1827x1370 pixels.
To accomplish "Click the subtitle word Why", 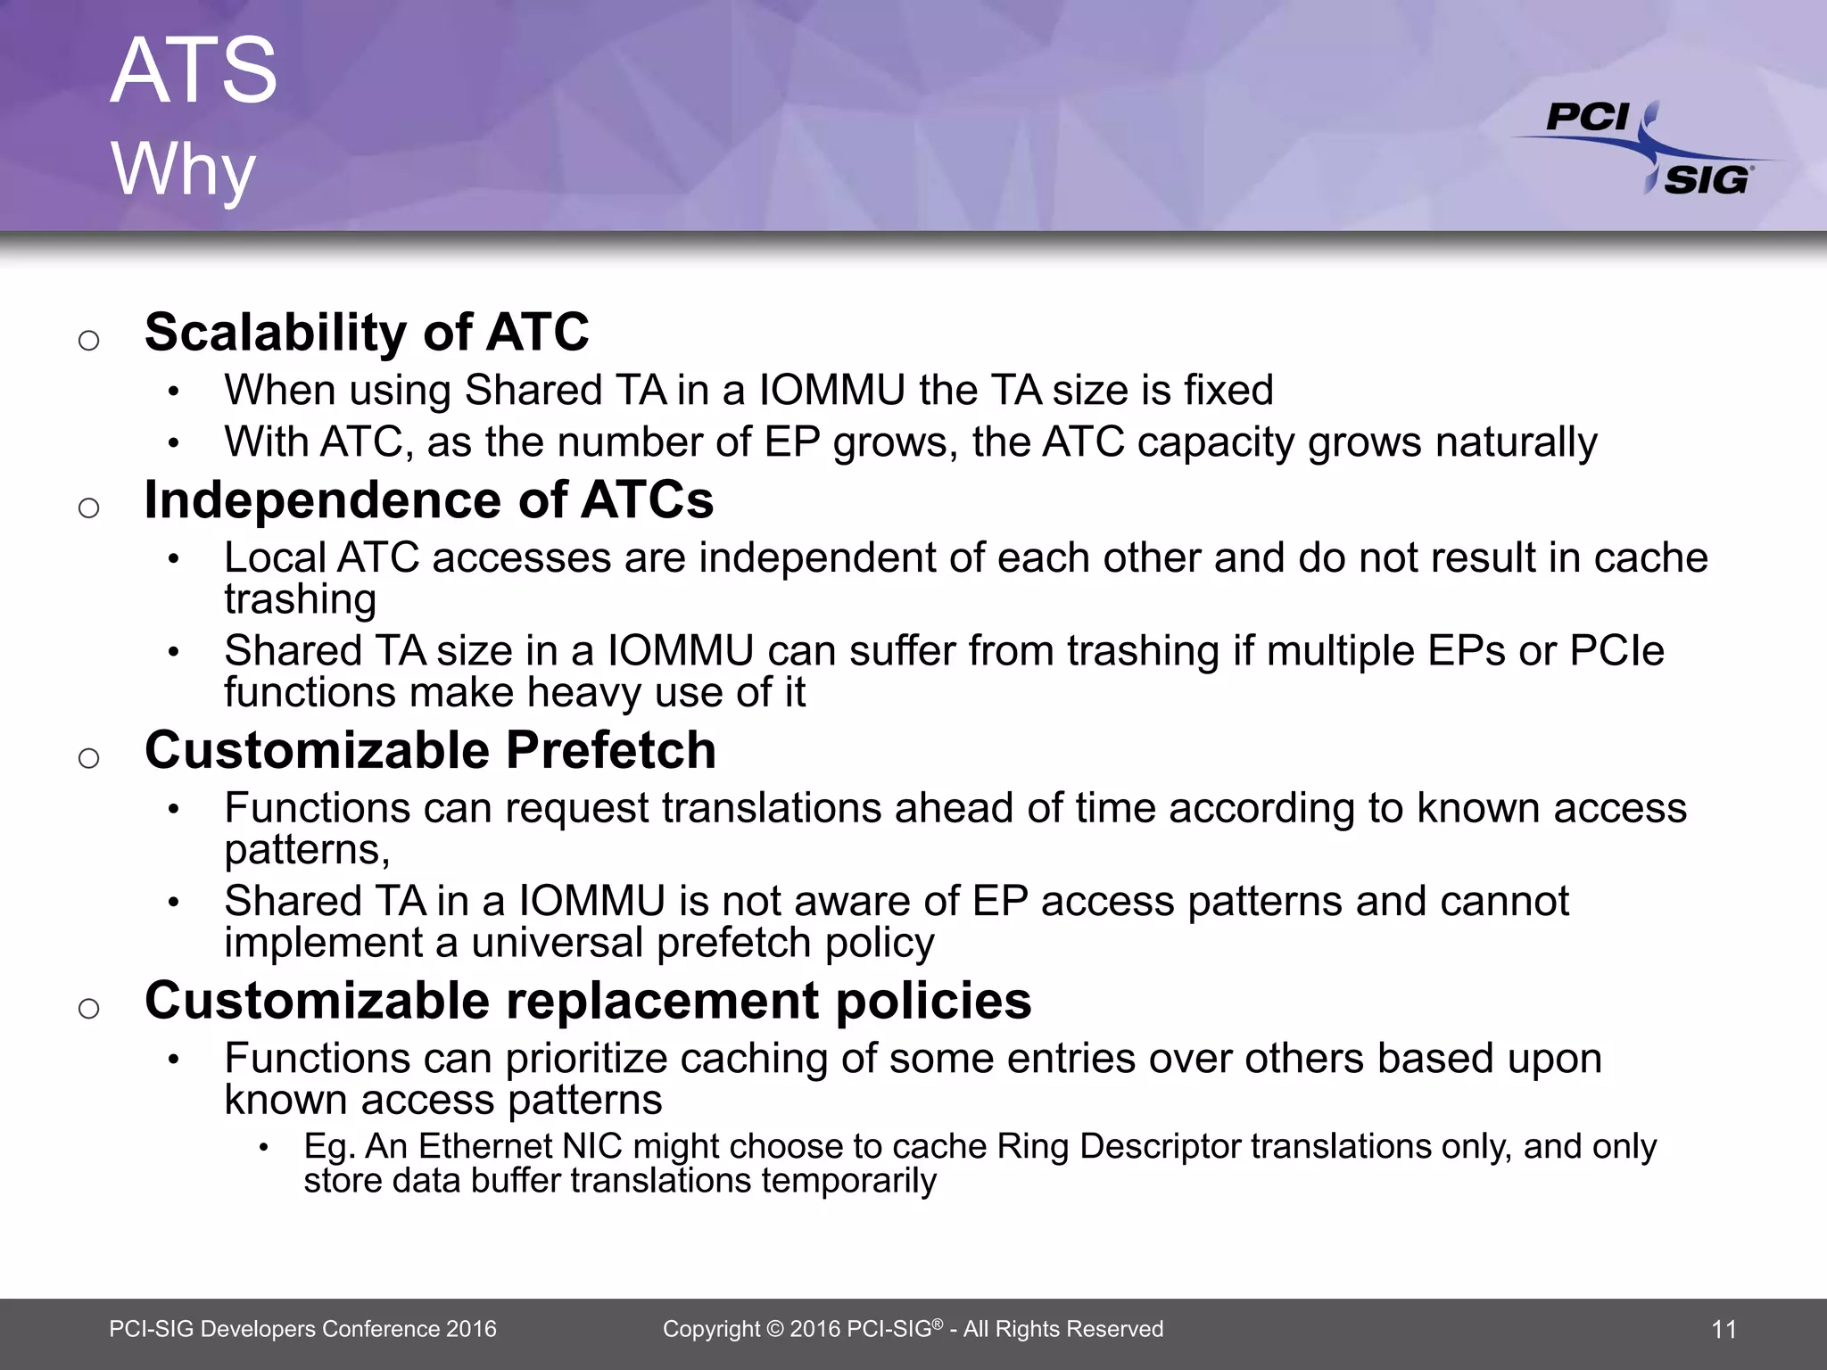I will click(184, 169).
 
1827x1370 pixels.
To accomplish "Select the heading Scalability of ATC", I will click(367, 332).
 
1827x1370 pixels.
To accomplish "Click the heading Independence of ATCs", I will click(428, 499).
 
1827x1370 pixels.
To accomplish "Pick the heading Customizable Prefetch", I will click(430, 750).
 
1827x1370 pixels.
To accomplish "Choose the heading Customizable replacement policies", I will click(588, 1001).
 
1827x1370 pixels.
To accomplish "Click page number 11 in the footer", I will click(1724, 1330).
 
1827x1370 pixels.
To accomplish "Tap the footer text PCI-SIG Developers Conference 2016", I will click(302, 1329).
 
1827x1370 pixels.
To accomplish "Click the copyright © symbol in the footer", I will click(774, 1329).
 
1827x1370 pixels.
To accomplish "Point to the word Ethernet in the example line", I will click(484, 1146).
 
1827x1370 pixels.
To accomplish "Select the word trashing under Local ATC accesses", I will click(300, 598).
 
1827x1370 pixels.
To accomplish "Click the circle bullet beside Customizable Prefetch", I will click(88, 758).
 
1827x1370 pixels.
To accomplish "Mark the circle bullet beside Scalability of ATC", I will click(88, 340).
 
